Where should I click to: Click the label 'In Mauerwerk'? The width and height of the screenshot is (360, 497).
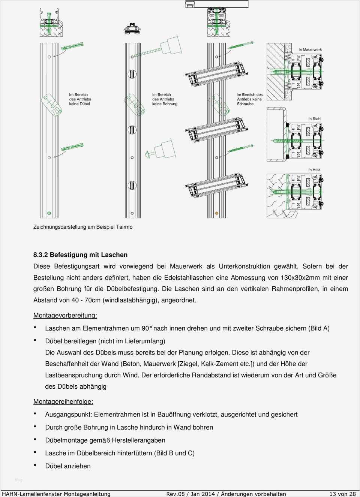pyautogui.click(x=310, y=49)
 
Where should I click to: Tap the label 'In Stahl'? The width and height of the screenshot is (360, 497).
pyautogui.click(x=315, y=119)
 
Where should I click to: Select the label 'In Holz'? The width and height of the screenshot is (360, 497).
pyautogui.click(x=314, y=170)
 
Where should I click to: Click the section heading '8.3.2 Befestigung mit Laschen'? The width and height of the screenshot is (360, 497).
pyautogui.click(x=80, y=255)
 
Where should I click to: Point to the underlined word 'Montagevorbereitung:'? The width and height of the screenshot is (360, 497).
pyautogui.click(x=65, y=316)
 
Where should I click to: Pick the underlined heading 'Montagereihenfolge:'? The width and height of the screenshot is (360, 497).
pyautogui.click(x=63, y=402)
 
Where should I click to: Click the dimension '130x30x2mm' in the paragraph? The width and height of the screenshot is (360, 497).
pyautogui.click(x=297, y=278)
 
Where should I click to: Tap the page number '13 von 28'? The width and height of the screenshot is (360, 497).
pyautogui.click(x=342, y=494)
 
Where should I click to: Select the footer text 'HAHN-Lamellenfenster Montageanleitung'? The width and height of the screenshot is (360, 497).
pyautogui.click(x=56, y=494)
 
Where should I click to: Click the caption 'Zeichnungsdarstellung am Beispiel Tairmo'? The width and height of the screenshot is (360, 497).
pyautogui.click(x=83, y=227)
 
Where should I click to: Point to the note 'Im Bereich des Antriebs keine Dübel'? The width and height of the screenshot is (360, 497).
pyautogui.click(x=79, y=99)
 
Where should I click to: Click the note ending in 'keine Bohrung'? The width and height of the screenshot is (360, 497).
pyautogui.click(x=165, y=99)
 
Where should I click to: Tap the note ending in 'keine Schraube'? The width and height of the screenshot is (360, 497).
pyautogui.click(x=249, y=99)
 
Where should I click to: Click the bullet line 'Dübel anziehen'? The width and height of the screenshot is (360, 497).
pyautogui.click(x=68, y=466)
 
